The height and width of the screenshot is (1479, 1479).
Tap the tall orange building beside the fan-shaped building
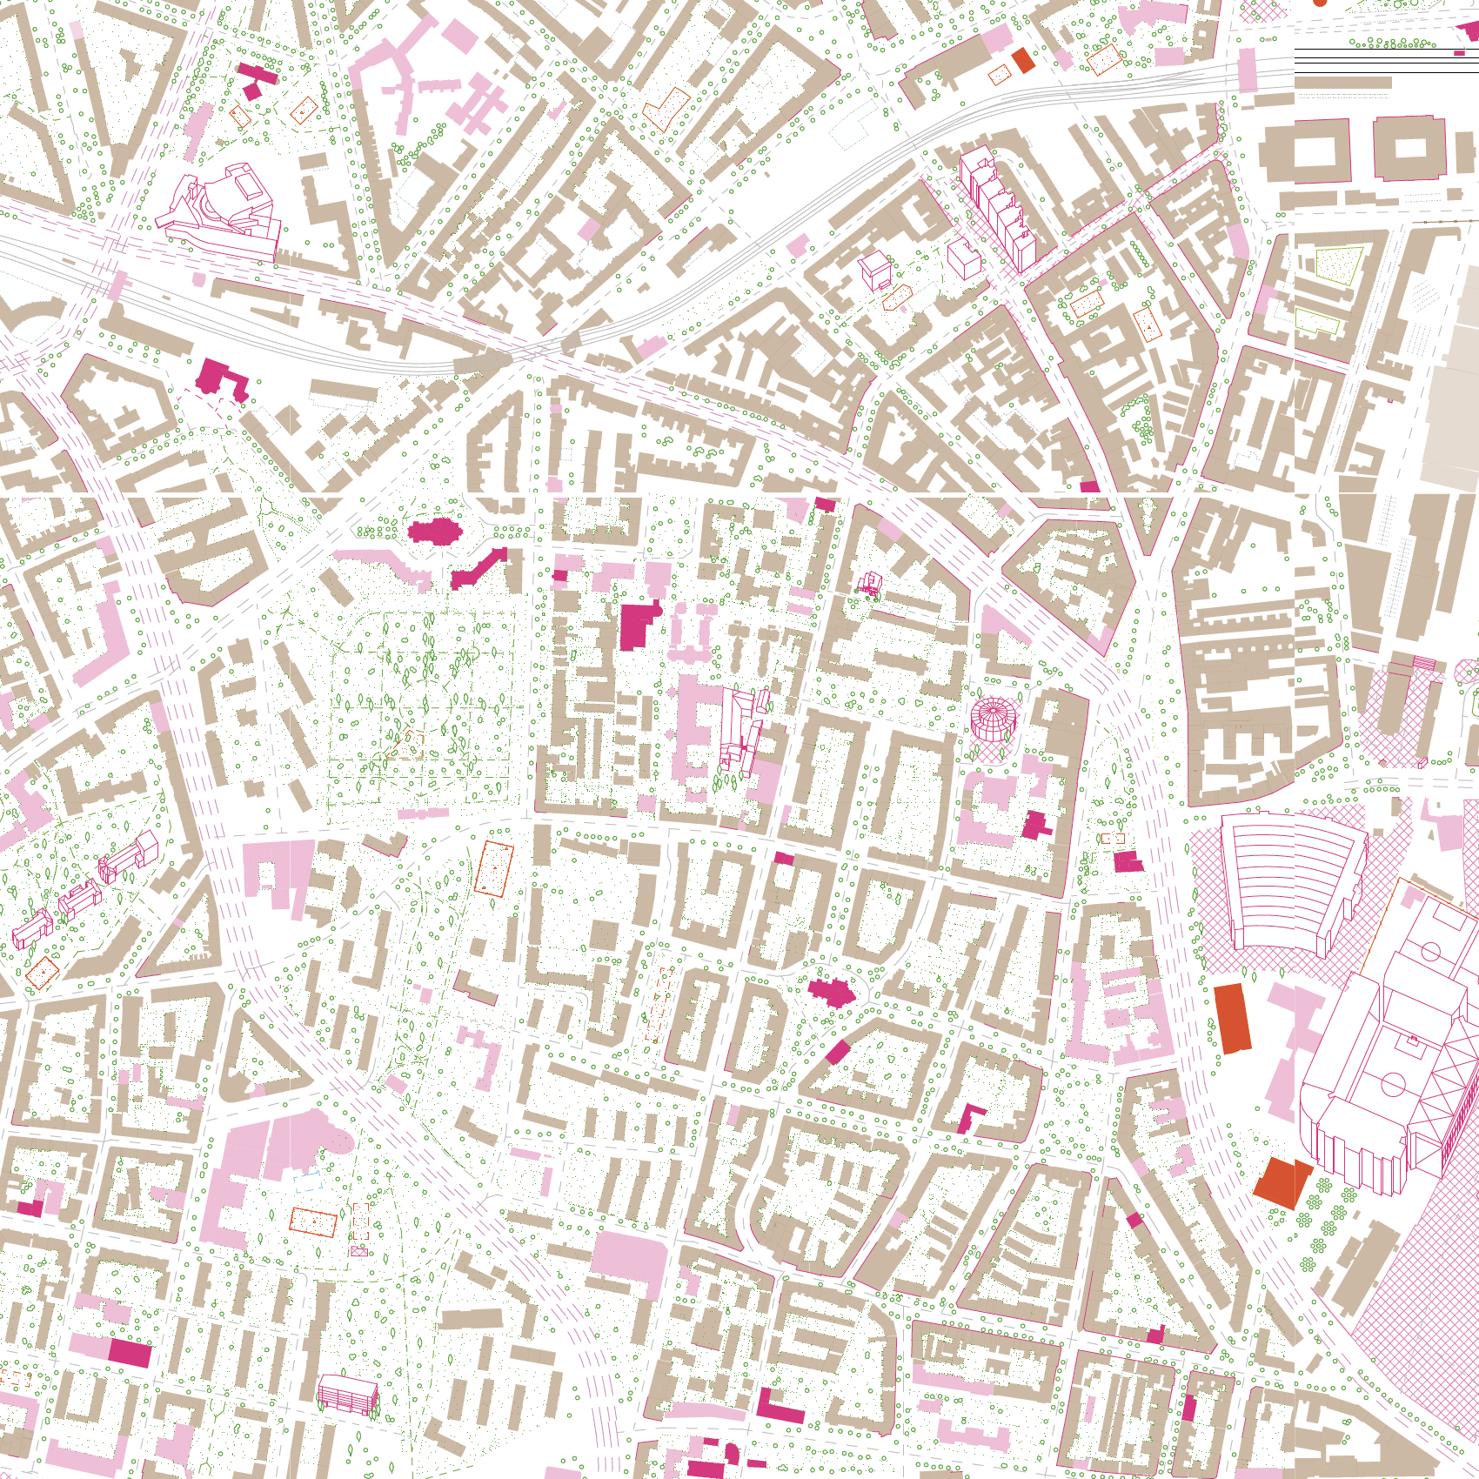tap(1232, 1018)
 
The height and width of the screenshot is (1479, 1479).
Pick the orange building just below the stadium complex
tap(1281, 1181)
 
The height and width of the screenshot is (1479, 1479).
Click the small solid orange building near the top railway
tap(1023, 60)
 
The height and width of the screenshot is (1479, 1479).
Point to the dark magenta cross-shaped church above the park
tap(434, 531)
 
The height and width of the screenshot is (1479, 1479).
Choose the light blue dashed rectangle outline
tap(307, 1181)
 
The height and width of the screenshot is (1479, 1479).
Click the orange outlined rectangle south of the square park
tap(493, 868)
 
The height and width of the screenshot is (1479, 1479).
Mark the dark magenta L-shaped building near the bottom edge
tap(779, 1409)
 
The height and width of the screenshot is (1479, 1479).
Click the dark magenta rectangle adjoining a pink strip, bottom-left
tap(130, 1354)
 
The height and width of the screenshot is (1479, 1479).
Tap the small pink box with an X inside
tap(358, 1252)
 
